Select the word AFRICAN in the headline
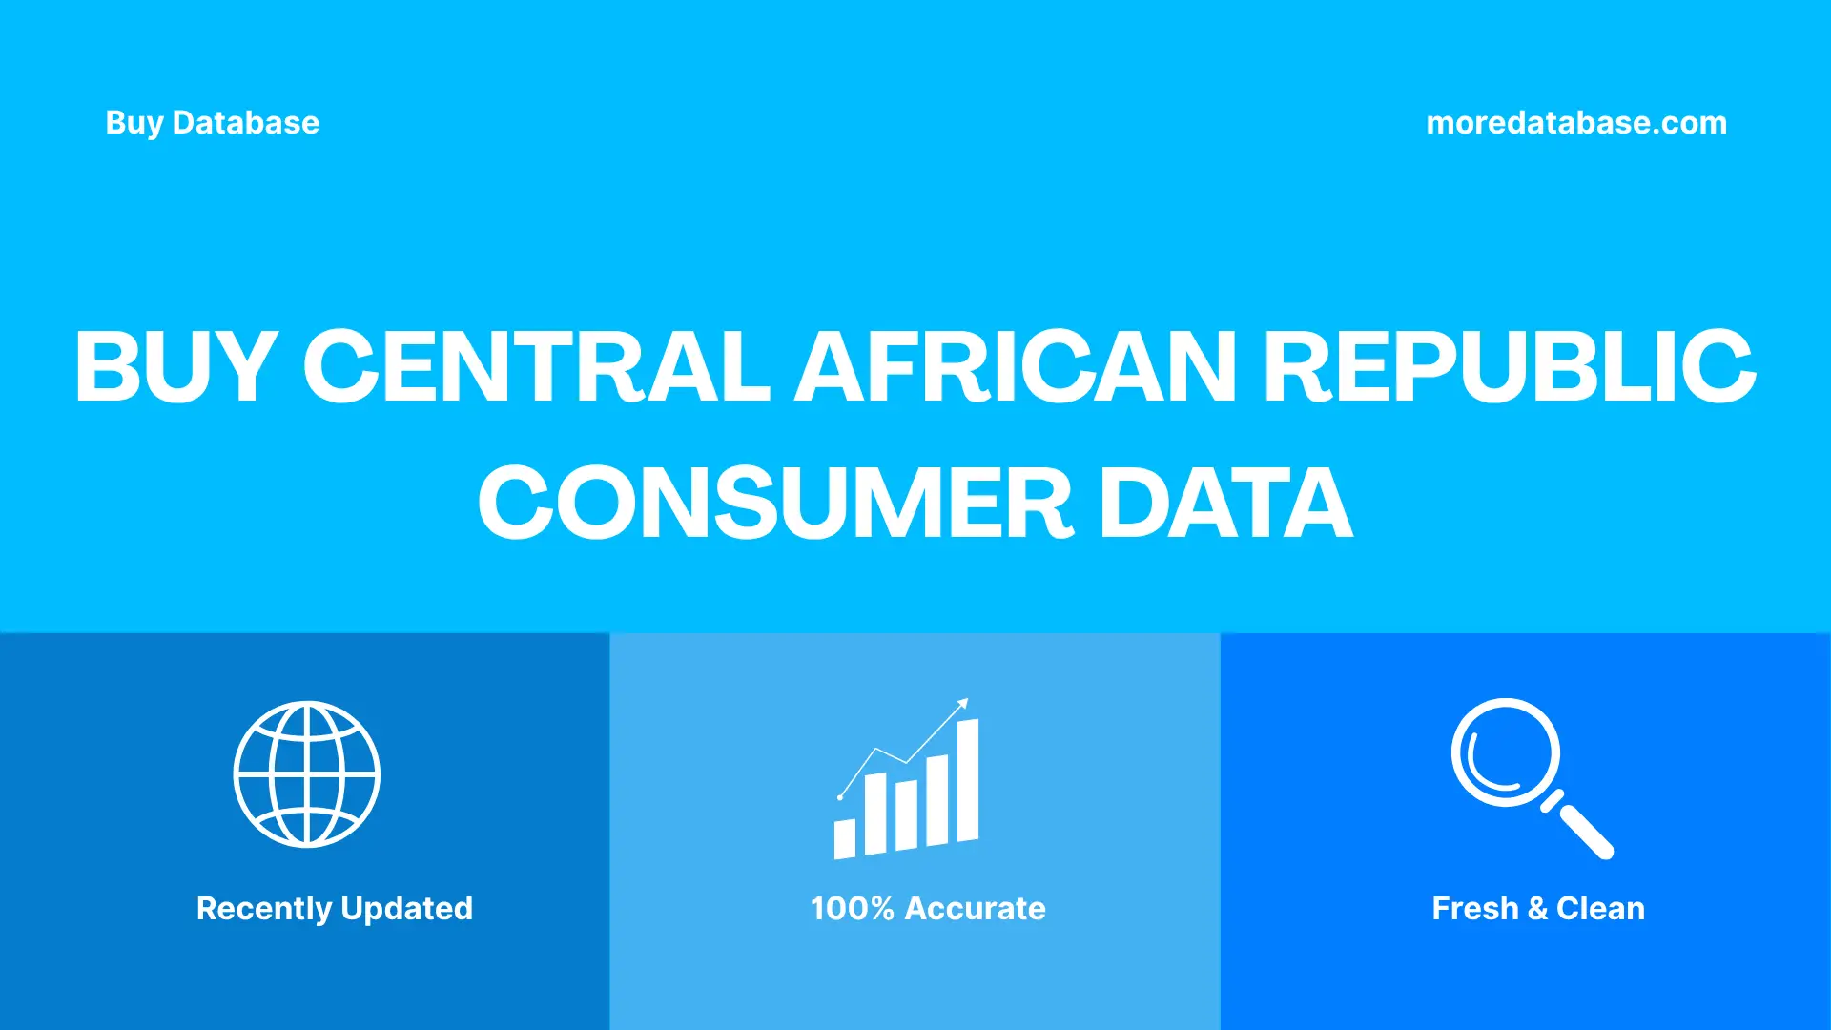pyautogui.click(x=1017, y=366)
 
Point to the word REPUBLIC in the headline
pyautogui.click(x=1510, y=366)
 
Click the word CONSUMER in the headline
pyautogui.click(x=775, y=504)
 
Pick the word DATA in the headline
pyautogui.click(x=1226, y=504)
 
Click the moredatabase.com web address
pyautogui.click(x=1575, y=123)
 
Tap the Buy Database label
pyautogui.click(x=212, y=123)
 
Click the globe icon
pyautogui.click(x=307, y=774)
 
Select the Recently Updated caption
pyautogui.click(x=334, y=908)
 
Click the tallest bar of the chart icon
pyautogui.click(x=967, y=782)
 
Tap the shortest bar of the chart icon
pyautogui.click(x=845, y=838)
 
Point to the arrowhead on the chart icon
pyautogui.click(x=963, y=704)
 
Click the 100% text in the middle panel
pyautogui.click(x=852, y=908)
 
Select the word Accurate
pyautogui.click(x=975, y=908)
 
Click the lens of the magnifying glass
pyautogui.click(x=1505, y=752)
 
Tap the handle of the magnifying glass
pyautogui.click(x=1585, y=831)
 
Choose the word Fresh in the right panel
pyautogui.click(x=1474, y=908)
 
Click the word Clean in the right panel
pyautogui.click(x=1600, y=908)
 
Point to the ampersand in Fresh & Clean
pyautogui.click(x=1536, y=908)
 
